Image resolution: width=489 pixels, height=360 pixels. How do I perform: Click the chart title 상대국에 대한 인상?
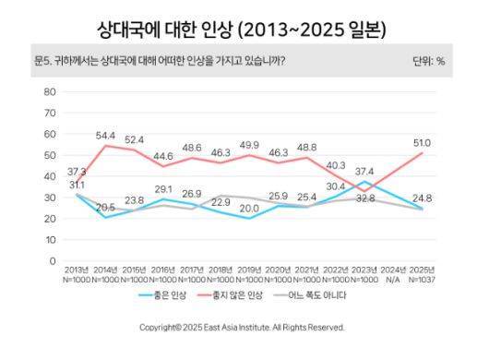click(x=244, y=30)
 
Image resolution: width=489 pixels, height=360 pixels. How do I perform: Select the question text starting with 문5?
click(x=159, y=62)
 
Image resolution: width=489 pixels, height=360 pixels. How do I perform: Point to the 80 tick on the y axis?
click(x=50, y=91)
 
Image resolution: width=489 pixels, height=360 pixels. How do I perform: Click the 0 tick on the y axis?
click(x=53, y=260)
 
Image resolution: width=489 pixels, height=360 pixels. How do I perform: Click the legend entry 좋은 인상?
click(x=166, y=294)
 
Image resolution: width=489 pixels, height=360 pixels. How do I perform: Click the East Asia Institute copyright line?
click(x=242, y=327)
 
